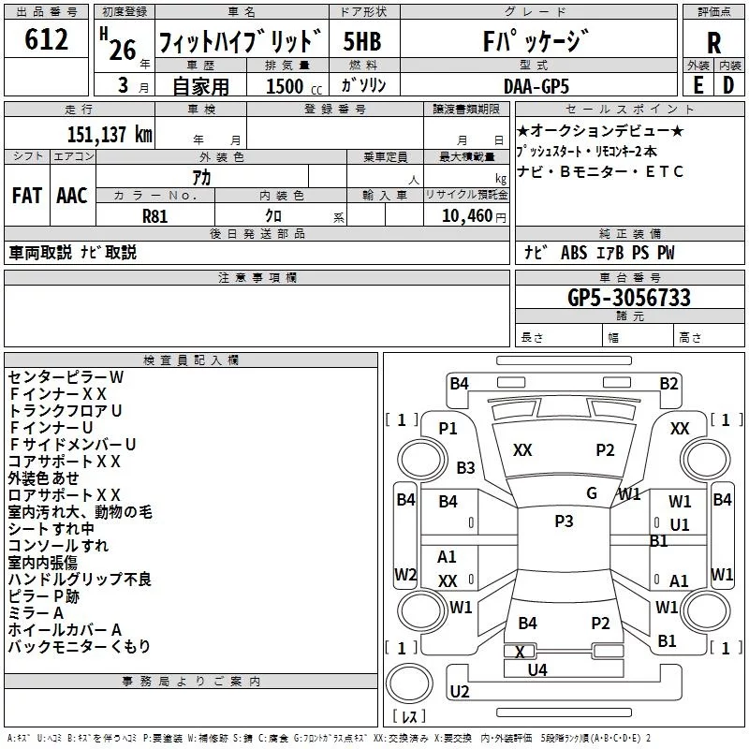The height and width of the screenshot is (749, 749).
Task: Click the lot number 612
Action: pos(48,40)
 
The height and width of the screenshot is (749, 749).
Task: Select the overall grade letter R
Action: pos(714,43)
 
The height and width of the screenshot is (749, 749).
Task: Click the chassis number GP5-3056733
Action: pos(629,298)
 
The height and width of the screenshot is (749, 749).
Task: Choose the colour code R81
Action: pos(154,215)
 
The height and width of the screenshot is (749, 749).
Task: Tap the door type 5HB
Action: pos(362,42)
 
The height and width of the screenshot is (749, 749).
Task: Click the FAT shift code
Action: pos(26,196)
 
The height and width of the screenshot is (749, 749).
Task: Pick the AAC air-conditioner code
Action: pos(72,196)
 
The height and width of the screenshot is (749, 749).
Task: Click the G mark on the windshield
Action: pos(592,493)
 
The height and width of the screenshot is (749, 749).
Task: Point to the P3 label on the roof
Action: pos(564,521)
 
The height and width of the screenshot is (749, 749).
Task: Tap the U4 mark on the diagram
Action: pos(537,669)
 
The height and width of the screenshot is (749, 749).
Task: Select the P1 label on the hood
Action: pos(448,428)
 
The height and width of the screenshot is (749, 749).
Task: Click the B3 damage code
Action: pos(465,467)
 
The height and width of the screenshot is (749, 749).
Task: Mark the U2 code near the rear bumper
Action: pos(459,691)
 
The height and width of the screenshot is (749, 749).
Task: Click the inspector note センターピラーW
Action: pos(66,376)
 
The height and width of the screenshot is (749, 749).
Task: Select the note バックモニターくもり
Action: pos(79,646)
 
